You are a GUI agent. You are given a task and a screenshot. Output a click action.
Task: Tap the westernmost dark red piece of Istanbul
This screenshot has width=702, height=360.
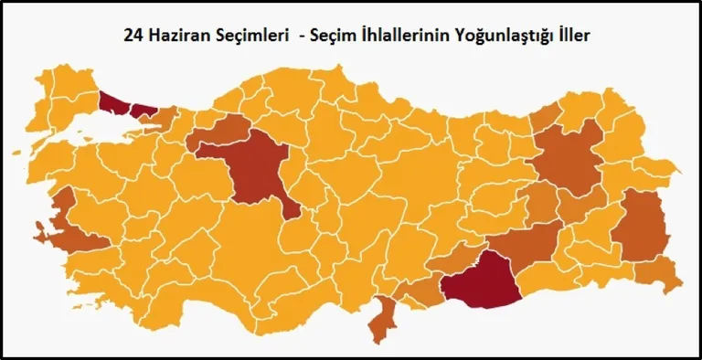[x=113, y=103]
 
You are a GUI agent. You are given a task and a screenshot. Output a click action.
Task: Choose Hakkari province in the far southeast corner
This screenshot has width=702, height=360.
[x=660, y=272]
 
